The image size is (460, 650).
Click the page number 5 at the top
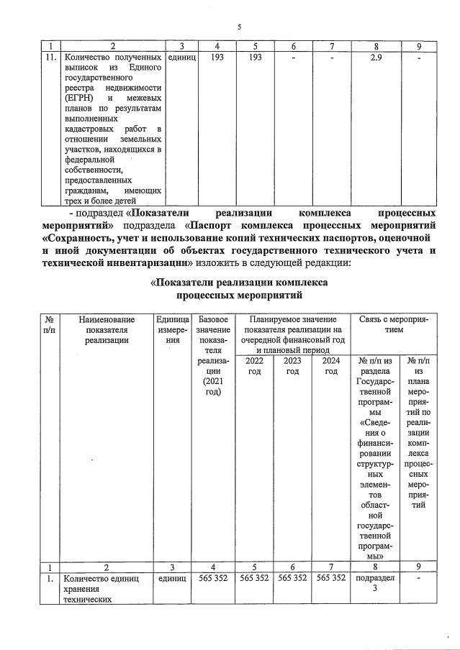238,27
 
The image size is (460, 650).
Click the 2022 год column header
254,365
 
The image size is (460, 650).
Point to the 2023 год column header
292,365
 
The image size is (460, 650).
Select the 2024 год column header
330,365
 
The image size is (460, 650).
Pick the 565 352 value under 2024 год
330,577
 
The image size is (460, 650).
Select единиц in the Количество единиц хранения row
172,577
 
